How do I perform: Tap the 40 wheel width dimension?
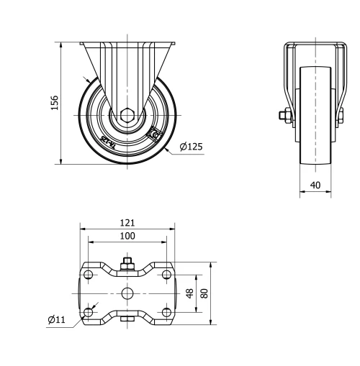pyautogui.click(x=315, y=184)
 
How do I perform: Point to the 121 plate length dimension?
pyautogui.click(x=128, y=223)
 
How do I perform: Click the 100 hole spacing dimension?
pyautogui.click(x=128, y=236)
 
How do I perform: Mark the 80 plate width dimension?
pyautogui.click(x=204, y=293)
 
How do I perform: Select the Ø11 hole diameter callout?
pyautogui.click(x=56, y=319)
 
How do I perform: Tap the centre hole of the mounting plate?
pyautogui.click(x=127, y=293)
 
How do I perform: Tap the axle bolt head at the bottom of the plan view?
pyautogui.click(x=127, y=321)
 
